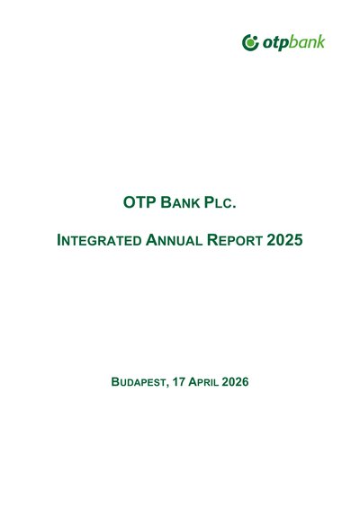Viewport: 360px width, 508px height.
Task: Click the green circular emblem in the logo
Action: pos(250,42)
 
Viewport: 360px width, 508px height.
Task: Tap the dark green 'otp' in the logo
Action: pos(275,43)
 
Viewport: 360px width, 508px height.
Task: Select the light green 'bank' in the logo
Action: pos(307,42)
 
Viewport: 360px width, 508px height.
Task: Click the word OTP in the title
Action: pos(139,202)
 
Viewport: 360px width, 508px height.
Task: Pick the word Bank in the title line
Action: pos(180,202)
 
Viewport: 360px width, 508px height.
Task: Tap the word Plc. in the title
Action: pos(220,202)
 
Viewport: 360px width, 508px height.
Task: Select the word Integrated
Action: pos(99,240)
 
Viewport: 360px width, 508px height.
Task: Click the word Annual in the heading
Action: pos(174,240)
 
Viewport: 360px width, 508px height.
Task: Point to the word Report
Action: pos(235,240)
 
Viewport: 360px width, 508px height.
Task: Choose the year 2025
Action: pos(284,240)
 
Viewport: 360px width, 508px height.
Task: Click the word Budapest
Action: pos(139,382)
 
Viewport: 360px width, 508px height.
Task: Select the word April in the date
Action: pos(203,381)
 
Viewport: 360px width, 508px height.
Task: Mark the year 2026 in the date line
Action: pos(235,381)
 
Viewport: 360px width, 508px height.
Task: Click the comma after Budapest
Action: pos(167,386)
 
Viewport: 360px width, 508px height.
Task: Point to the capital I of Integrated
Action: pos(58,240)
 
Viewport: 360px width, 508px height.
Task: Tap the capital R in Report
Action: pos(212,240)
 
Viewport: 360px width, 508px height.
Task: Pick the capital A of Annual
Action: pos(151,240)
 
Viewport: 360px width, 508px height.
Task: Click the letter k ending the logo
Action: pos(321,41)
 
